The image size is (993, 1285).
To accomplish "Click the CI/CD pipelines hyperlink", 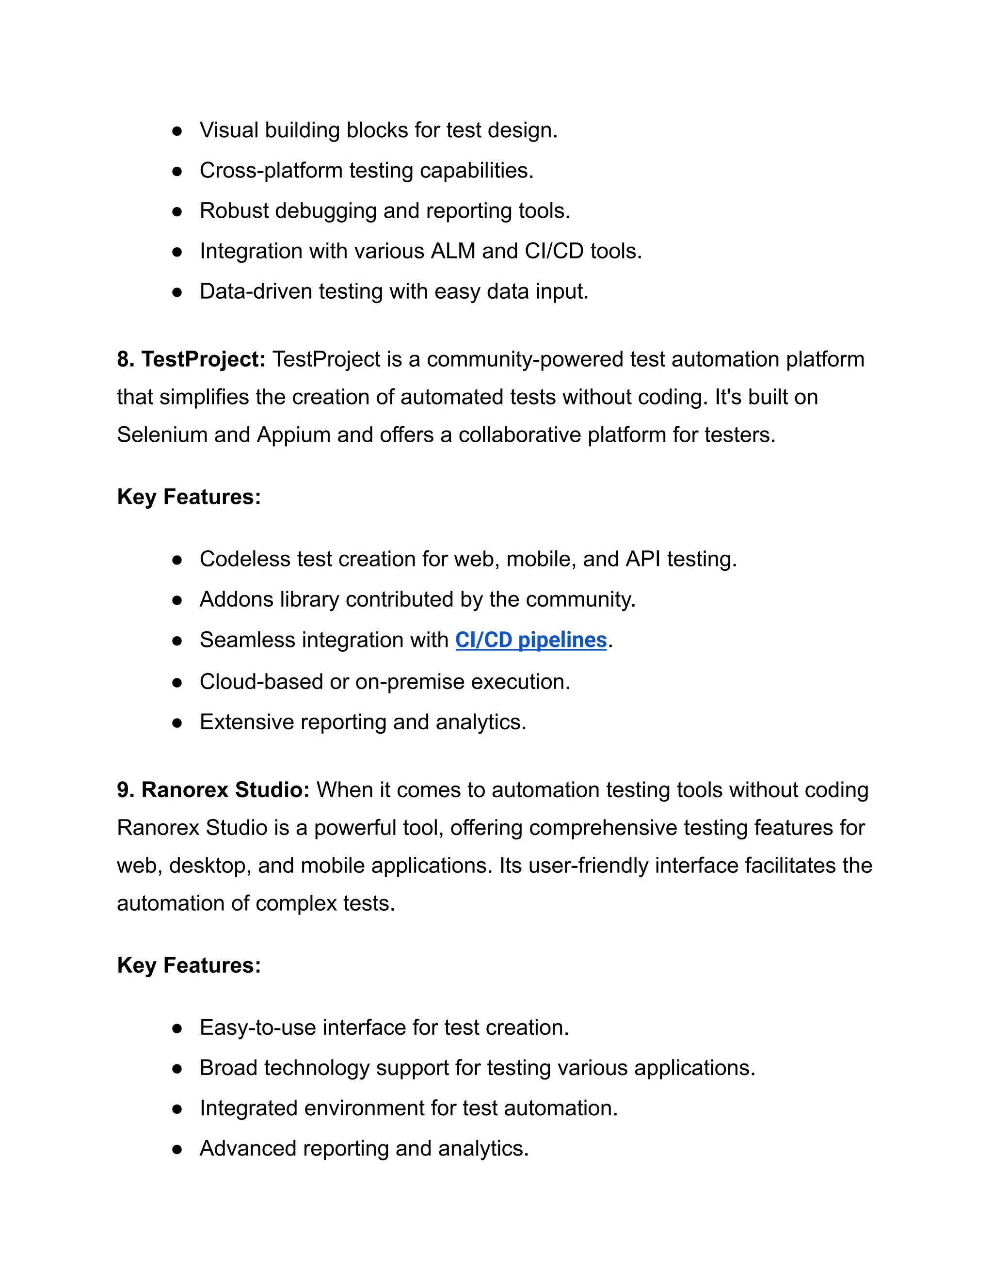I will click(x=530, y=640).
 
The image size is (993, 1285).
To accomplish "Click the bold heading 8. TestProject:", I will click(x=191, y=359).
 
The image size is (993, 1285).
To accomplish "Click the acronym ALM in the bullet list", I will click(x=453, y=251).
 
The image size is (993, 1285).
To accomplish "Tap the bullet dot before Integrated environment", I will click(x=177, y=1109).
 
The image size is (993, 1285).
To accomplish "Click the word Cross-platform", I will click(x=271, y=171).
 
